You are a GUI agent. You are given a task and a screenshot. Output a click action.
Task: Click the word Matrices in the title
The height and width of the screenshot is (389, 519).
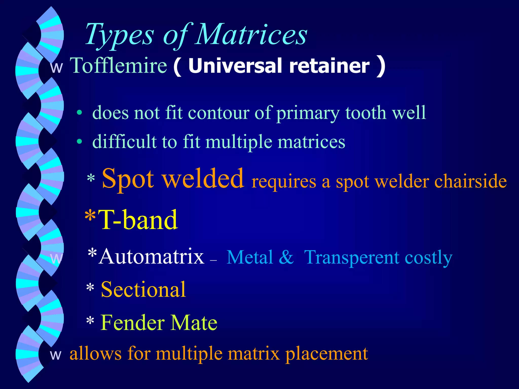(x=251, y=34)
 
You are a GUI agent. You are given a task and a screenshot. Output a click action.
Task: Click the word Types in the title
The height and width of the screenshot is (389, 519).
(x=119, y=35)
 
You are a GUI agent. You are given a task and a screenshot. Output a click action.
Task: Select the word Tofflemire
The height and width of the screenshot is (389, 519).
(x=118, y=65)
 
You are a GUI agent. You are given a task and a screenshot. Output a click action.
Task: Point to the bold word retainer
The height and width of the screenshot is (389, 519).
(x=329, y=66)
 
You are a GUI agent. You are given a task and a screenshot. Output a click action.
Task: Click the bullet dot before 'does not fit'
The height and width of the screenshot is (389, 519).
(x=80, y=113)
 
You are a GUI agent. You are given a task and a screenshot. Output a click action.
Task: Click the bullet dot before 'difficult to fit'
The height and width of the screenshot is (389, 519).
(x=80, y=142)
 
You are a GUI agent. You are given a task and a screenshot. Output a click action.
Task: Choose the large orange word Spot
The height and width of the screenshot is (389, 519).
(x=128, y=179)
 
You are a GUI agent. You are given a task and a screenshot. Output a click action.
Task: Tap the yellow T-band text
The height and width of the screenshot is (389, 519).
(x=138, y=220)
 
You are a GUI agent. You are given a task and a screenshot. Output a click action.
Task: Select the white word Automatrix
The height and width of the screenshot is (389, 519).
(x=152, y=257)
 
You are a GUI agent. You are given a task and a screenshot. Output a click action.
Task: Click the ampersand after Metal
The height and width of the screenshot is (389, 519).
(x=286, y=257)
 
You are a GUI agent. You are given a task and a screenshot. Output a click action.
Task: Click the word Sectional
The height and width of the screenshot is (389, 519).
(x=143, y=289)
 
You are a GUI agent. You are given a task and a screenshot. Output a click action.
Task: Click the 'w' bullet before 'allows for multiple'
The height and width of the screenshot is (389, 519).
(x=55, y=355)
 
